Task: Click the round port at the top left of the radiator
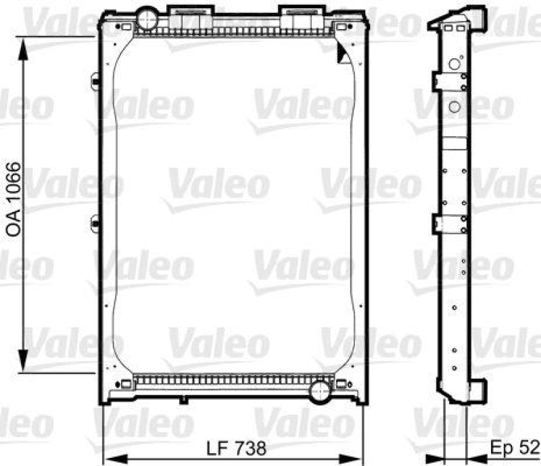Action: click(147, 14)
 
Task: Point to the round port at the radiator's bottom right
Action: click(319, 390)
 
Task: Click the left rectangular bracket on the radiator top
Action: click(181, 16)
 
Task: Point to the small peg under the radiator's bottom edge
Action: click(182, 400)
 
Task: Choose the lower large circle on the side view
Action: click(454, 106)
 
